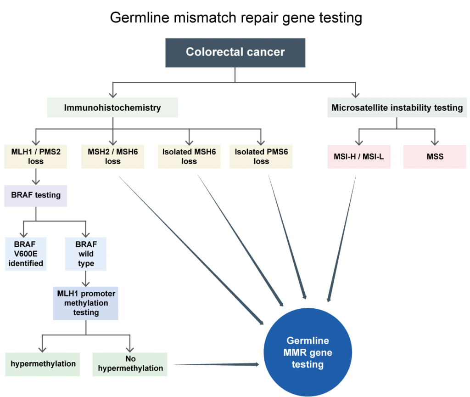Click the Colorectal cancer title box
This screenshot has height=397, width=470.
pyautogui.click(x=235, y=52)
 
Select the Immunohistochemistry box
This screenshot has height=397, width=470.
pyautogui.click(x=112, y=108)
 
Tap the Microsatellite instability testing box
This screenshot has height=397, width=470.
pyautogui.click(x=397, y=108)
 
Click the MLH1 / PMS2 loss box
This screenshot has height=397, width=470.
pyautogui.click(x=36, y=156)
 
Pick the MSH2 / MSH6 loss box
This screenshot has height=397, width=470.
pyautogui.click(x=112, y=156)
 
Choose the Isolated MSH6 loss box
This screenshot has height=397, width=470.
pyautogui.click(x=189, y=156)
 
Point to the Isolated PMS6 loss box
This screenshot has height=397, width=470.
pyautogui.click(x=261, y=156)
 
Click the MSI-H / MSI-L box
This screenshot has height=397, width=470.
pyautogui.click(x=359, y=156)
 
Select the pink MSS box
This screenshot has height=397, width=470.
pyautogui.click(x=435, y=156)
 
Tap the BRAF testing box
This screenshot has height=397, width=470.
pyautogui.click(x=36, y=195)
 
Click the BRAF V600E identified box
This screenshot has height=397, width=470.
pyautogui.click(x=26, y=254)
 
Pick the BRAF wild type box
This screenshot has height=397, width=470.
pyautogui.click(x=86, y=254)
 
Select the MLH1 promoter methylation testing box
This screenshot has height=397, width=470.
pyautogui.click(x=86, y=303)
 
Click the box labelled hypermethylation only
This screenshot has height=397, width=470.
pyautogui.click(x=43, y=364)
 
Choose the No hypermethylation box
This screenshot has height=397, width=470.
pyautogui.click(x=130, y=364)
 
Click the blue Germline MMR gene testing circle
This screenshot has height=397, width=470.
pyautogui.click(x=308, y=352)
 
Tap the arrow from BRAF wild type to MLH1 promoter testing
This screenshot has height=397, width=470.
pyautogui.click(x=86, y=278)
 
